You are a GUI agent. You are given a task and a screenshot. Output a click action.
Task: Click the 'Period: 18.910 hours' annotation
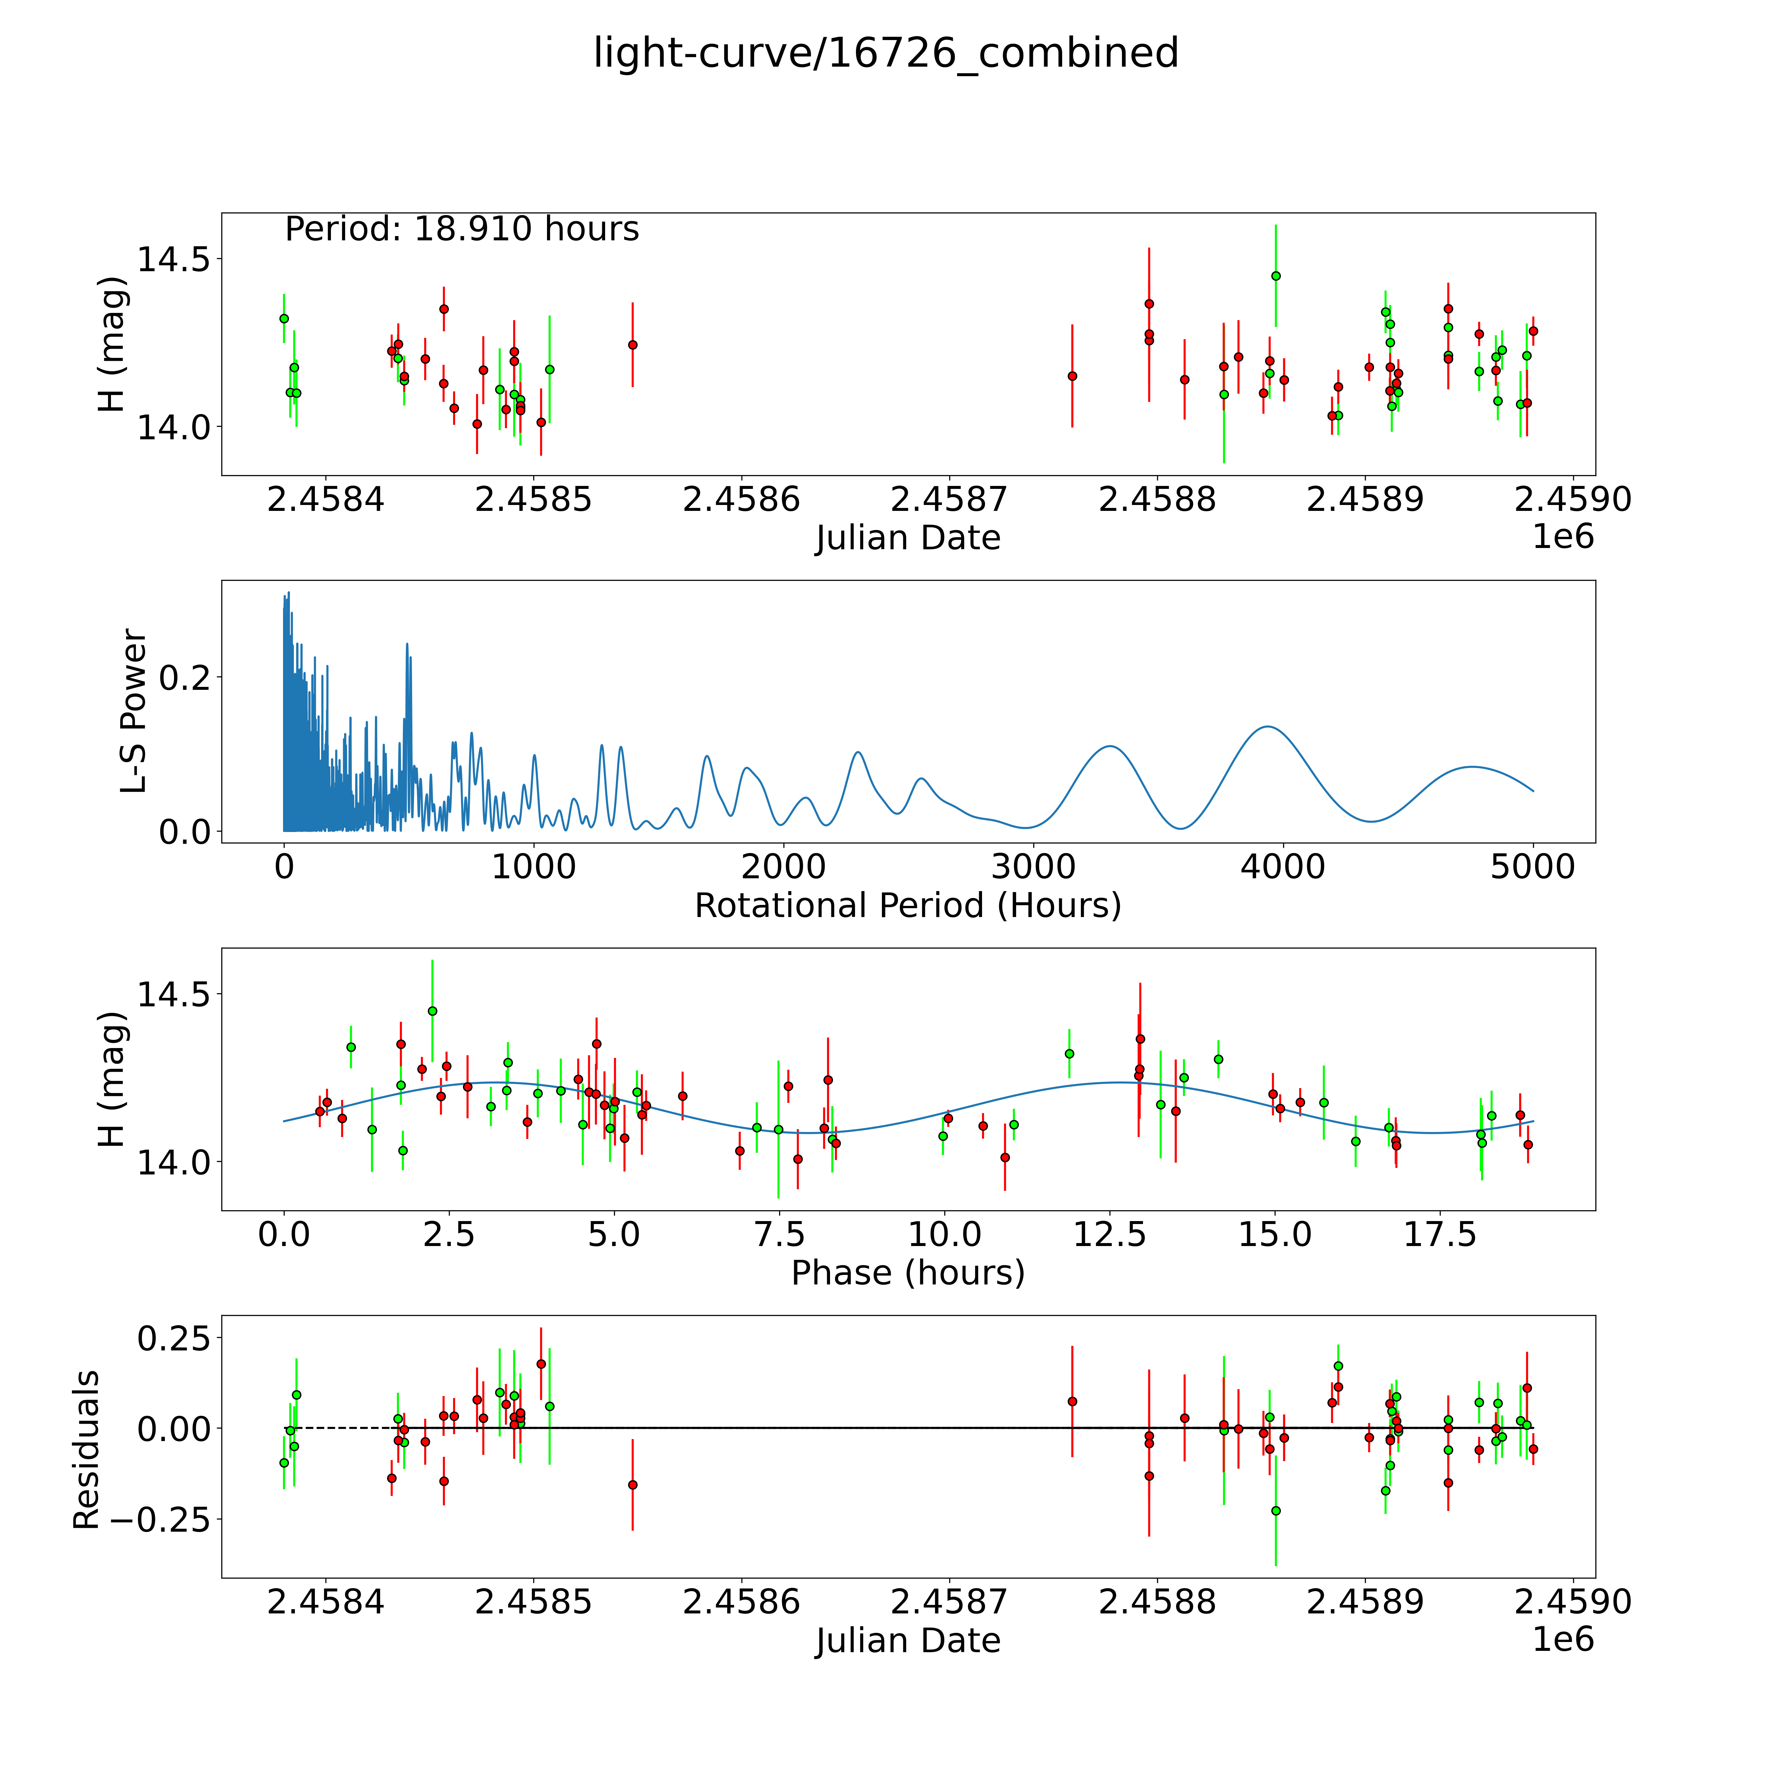coord(462,229)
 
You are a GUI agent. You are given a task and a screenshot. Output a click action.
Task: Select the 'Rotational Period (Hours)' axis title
coord(908,906)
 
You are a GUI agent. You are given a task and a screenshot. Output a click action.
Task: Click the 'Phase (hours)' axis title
coord(908,1273)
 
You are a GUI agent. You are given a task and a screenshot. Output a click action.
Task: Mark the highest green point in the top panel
coord(1276,275)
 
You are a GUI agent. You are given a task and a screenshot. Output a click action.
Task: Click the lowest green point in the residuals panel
coord(1276,1511)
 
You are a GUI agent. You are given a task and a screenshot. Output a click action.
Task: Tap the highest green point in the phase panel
coord(432,1010)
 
